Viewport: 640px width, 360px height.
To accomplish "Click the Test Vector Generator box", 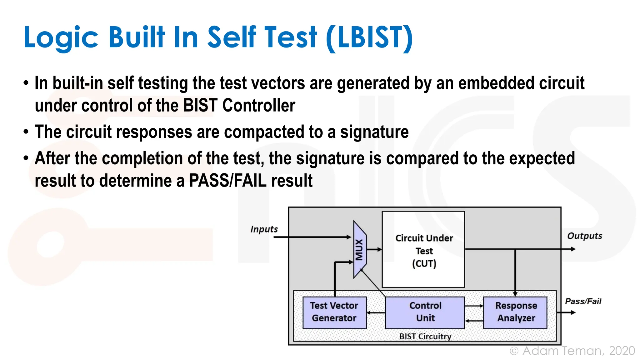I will tap(334, 312).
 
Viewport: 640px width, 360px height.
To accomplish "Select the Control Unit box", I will tap(425, 312).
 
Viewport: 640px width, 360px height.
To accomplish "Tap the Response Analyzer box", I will tap(516, 312).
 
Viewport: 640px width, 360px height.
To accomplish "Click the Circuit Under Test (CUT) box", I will tap(423, 250).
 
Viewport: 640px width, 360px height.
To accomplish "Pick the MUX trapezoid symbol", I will tap(360, 249).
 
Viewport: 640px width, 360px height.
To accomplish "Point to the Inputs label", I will tap(264, 229).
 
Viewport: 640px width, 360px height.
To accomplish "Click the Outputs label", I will tap(585, 236).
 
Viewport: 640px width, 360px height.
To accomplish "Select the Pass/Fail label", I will tap(583, 301).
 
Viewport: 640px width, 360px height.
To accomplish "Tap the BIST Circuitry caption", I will tap(425, 337).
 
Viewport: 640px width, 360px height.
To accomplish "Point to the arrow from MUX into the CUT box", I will tap(374, 249).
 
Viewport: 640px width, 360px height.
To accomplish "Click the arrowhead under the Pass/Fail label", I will tap(573, 312).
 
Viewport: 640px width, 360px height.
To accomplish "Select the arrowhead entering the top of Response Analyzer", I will tap(515, 294).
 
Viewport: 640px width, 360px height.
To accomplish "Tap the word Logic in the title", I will tap(61, 38).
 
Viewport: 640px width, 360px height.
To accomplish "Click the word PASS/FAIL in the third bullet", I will tap(228, 181).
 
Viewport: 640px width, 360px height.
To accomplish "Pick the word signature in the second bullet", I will tap(374, 132).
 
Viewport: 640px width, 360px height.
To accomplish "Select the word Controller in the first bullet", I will tap(258, 105).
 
